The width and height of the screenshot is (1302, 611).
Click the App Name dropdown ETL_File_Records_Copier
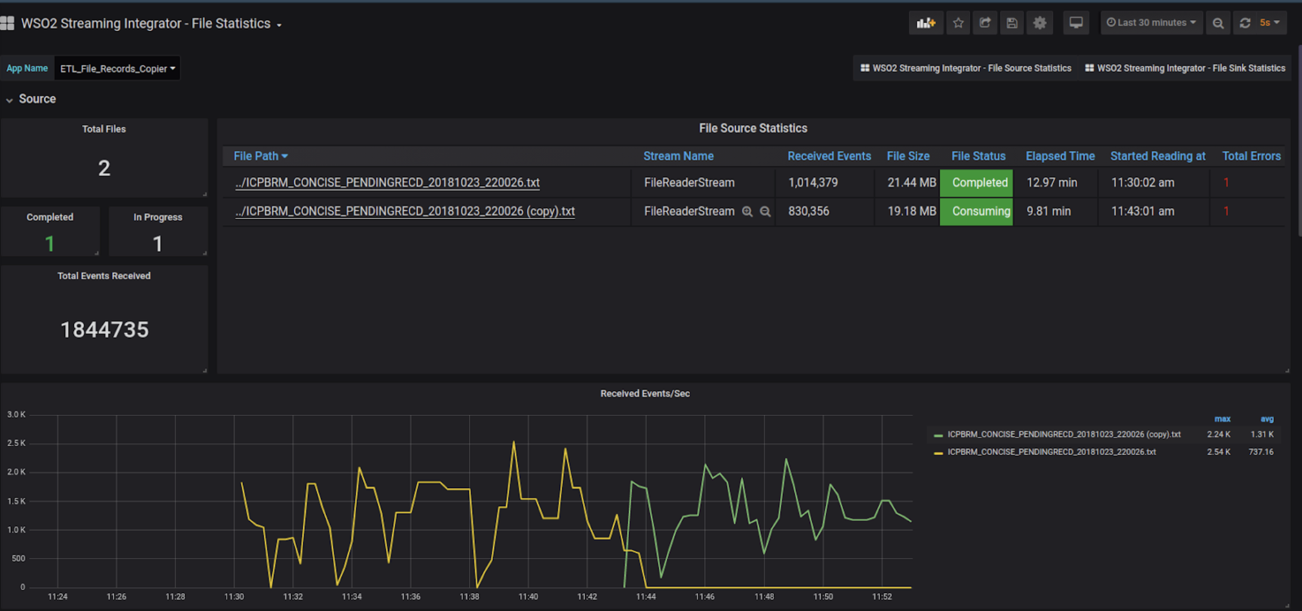click(118, 69)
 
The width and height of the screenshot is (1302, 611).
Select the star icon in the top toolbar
click(958, 23)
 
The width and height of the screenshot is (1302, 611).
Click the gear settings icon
click(1039, 23)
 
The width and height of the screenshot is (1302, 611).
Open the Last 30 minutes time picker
click(1151, 23)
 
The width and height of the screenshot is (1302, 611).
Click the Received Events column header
click(829, 156)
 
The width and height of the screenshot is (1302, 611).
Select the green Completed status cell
click(976, 183)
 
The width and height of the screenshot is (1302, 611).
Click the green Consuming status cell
click(976, 211)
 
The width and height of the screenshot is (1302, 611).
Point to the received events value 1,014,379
click(813, 183)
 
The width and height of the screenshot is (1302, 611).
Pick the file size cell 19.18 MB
click(911, 211)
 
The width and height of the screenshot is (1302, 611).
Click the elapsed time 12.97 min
click(1051, 183)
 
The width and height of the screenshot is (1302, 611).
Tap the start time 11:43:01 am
click(1142, 211)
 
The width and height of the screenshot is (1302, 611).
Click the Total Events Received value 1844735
click(104, 329)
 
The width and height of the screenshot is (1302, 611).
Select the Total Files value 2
click(104, 168)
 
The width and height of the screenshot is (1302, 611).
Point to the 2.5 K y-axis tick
click(16, 443)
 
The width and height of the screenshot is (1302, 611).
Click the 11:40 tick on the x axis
click(528, 596)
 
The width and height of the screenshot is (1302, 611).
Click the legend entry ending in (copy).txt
click(1063, 434)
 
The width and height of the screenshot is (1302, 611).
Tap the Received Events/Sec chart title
click(644, 394)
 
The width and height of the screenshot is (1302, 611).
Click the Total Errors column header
click(1251, 156)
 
